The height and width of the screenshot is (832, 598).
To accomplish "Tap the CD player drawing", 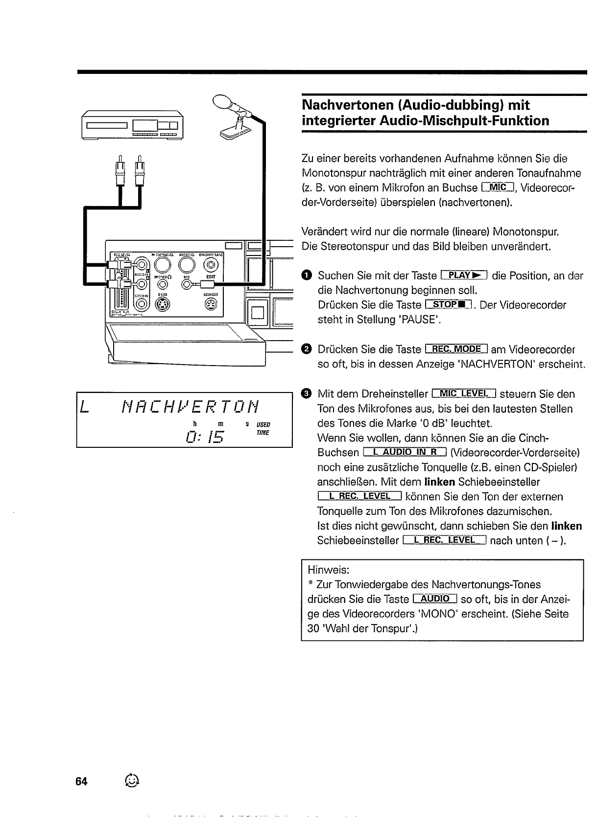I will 132,126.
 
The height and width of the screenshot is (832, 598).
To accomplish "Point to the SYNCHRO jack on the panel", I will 211,265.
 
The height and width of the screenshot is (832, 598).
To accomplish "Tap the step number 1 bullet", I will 307,276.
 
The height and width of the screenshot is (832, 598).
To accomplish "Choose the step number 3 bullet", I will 307,394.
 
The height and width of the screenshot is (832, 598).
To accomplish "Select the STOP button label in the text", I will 448,305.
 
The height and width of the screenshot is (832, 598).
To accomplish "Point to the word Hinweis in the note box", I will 328,570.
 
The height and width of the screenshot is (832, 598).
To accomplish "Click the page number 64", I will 81,782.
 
